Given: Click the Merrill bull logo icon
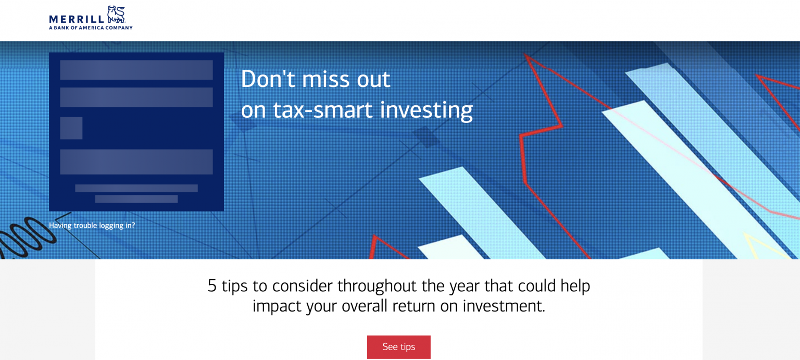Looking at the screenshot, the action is point(117,15).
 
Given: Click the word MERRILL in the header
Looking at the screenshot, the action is point(77,19).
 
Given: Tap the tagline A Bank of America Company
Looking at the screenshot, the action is point(91,28).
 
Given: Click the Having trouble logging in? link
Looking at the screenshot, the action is point(92,226).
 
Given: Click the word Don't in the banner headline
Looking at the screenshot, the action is point(268,79).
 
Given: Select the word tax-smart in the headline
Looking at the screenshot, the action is point(323,109).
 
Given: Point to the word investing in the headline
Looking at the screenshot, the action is point(427,110).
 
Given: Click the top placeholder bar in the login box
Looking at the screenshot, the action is point(136,70).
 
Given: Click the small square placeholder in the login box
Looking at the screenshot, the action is point(71,128).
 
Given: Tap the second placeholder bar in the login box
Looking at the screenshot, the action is point(136,97).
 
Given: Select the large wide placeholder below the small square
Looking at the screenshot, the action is point(136,162).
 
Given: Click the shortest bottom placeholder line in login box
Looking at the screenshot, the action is point(136,199).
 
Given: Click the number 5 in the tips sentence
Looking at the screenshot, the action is point(212,286).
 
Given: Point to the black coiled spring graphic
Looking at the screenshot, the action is point(27,238).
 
